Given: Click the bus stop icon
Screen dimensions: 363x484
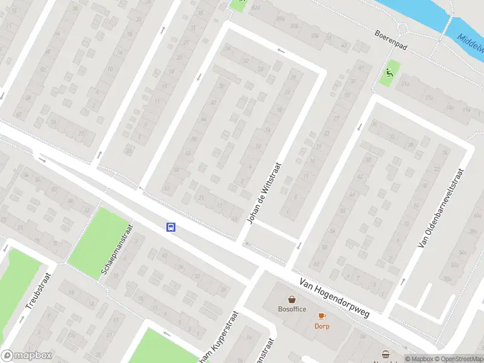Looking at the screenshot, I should click(x=171, y=227).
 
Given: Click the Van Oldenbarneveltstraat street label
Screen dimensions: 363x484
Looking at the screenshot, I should click(x=441, y=208).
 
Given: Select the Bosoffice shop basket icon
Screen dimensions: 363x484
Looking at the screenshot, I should click(x=292, y=299).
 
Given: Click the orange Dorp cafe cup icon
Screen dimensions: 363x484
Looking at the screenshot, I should click(x=321, y=316).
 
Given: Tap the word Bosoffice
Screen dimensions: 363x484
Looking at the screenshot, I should click(x=292, y=309).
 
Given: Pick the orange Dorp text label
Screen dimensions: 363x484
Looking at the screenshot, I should click(x=321, y=325).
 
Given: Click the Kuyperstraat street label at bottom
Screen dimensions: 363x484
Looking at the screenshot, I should click(x=220, y=339).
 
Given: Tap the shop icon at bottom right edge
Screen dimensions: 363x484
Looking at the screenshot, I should click(x=386, y=355).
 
